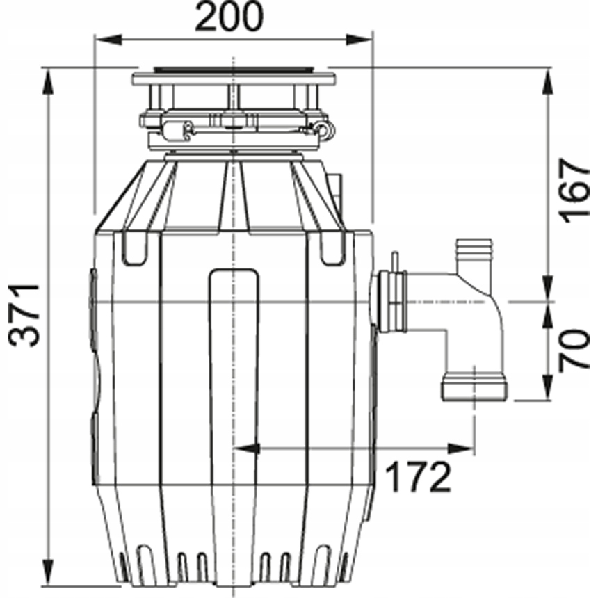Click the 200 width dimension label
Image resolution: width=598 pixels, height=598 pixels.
point(229,17)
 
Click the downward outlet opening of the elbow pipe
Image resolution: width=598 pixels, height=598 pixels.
point(474,389)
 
